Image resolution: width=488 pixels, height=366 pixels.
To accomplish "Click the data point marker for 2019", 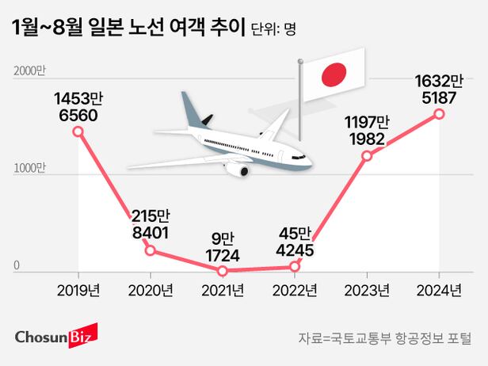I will point(78,132).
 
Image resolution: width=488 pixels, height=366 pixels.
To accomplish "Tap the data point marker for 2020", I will point(151,251).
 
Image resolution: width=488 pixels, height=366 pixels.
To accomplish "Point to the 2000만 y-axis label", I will point(30,72).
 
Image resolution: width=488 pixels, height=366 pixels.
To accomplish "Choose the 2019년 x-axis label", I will point(78,290).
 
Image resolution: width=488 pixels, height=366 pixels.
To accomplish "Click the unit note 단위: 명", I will point(272,31).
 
